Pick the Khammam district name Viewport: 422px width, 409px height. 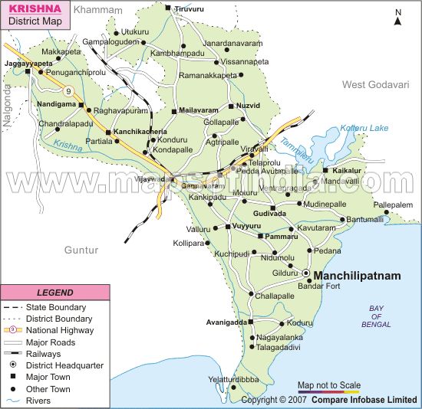[98, 10]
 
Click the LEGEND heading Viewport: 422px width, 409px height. [55, 293]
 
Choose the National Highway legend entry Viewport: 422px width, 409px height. [60, 330]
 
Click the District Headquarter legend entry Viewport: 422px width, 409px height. [64, 366]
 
